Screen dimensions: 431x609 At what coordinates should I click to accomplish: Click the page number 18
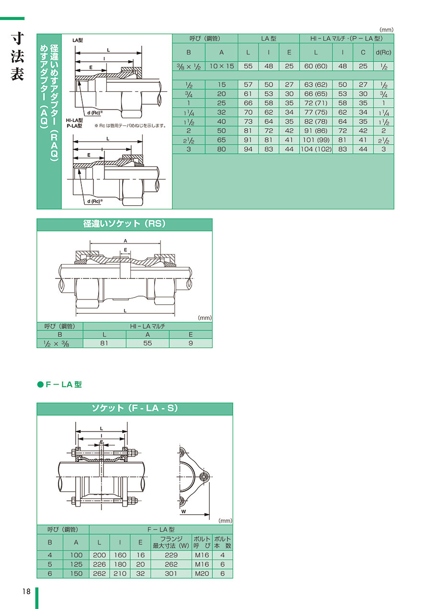(x=26, y=591)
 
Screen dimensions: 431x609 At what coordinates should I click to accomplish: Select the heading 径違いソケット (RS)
(x=125, y=224)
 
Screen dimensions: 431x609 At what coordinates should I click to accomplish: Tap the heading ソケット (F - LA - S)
(x=135, y=408)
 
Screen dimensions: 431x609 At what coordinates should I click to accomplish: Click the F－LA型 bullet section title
(x=59, y=385)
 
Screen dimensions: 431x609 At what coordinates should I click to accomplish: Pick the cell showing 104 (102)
(x=316, y=149)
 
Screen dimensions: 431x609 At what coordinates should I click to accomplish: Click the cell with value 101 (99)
(x=316, y=140)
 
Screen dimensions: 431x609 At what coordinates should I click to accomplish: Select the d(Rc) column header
(x=384, y=53)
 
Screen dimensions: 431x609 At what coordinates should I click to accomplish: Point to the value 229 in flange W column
(x=171, y=555)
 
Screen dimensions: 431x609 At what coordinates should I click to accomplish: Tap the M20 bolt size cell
(x=202, y=574)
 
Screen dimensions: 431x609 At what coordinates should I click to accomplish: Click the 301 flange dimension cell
(x=171, y=574)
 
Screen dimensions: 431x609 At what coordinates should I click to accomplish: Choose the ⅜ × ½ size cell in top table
(x=189, y=66)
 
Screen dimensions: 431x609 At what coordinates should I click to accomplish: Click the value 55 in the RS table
(x=147, y=343)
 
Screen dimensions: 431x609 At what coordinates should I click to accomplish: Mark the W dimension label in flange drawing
(x=184, y=511)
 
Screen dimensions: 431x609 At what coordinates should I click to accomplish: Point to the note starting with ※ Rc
(x=130, y=126)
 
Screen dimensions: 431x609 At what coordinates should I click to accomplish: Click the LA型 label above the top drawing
(x=78, y=40)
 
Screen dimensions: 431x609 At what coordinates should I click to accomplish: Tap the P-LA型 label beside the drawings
(x=74, y=126)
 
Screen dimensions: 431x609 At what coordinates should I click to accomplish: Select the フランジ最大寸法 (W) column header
(x=171, y=542)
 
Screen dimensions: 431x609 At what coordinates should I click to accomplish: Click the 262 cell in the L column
(x=99, y=574)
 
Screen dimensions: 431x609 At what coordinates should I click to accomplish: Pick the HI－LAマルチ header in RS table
(x=147, y=326)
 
